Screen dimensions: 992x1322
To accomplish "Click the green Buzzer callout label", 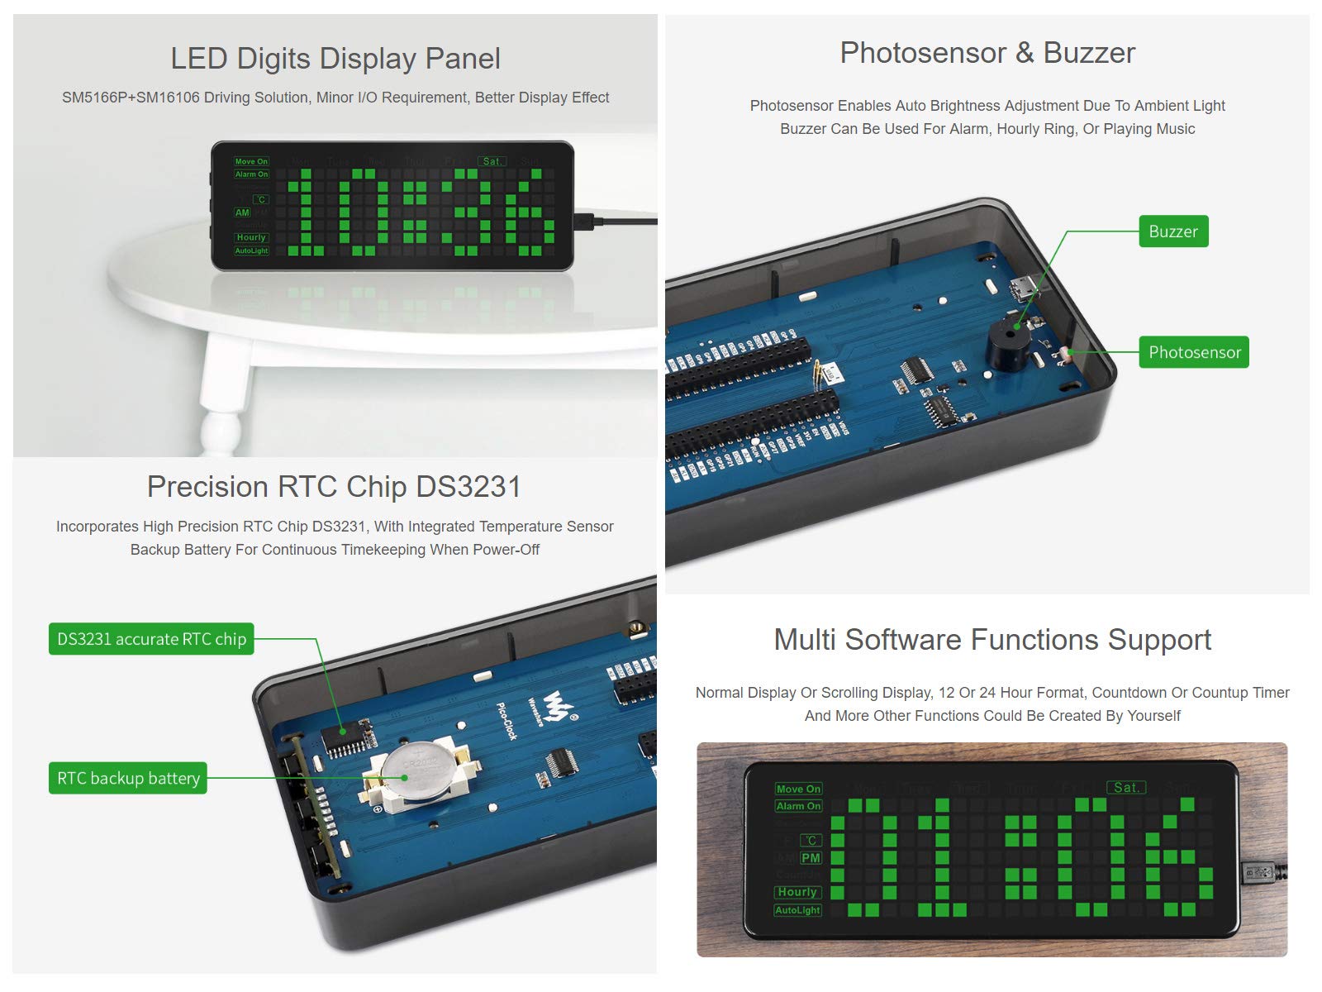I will tap(1172, 231).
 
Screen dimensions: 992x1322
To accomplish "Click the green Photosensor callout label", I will tap(1194, 352).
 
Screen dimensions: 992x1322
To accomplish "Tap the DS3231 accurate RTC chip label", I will tap(151, 639).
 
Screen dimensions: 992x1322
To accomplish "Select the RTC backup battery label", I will tap(128, 778).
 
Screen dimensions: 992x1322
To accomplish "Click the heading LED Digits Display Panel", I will tap(335, 59).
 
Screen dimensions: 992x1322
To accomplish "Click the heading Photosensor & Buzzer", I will tap(987, 53).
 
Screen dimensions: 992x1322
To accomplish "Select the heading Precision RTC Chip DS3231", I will tap(334, 487).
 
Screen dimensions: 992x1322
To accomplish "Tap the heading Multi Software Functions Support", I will tap(991, 640).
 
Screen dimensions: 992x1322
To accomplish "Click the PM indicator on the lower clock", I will tap(811, 858).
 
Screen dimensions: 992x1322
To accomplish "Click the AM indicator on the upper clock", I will tap(242, 212).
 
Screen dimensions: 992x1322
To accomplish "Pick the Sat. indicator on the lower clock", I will tap(1125, 788).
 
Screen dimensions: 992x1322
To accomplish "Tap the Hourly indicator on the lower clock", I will tap(797, 892).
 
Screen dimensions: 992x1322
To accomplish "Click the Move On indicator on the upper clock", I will tap(251, 162).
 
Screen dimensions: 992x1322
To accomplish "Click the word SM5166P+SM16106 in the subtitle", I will tap(131, 98).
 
